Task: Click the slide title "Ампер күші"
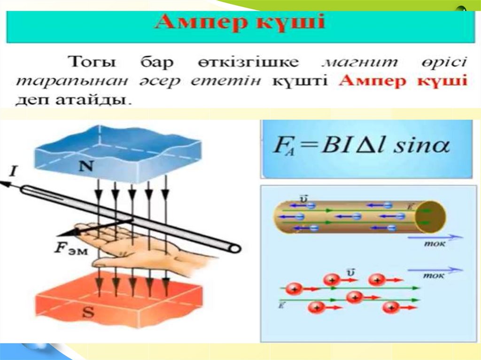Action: [x=240, y=22]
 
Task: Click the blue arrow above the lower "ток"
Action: [x=435, y=270]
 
